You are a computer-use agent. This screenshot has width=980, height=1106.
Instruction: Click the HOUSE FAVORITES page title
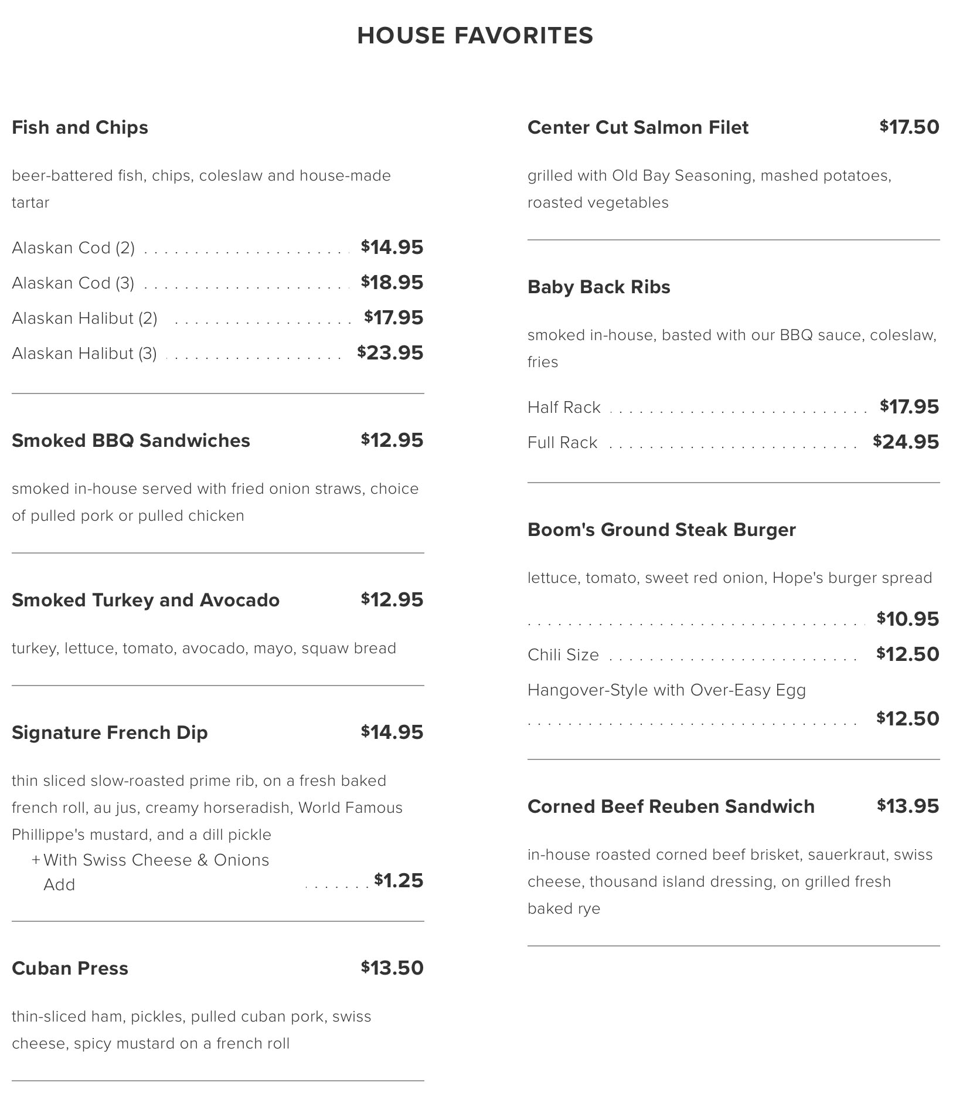pos(475,36)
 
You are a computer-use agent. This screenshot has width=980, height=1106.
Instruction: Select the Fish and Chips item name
pos(80,128)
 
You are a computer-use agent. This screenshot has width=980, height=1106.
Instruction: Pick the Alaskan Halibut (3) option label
pos(84,354)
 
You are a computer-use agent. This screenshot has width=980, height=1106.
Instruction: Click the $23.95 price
pos(390,353)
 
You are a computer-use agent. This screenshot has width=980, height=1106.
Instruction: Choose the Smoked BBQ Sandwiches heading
pos(131,440)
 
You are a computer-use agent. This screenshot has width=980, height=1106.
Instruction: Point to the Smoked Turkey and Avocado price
pos(392,600)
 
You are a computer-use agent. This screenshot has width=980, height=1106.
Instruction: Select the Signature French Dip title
pos(110,732)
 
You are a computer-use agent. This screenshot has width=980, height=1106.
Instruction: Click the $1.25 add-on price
pos(399,881)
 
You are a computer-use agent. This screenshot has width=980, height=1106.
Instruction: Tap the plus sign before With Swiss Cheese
pos(36,860)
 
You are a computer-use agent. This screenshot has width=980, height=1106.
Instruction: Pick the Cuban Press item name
pos(70,968)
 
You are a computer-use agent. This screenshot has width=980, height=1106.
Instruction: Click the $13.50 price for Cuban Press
pos(392,968)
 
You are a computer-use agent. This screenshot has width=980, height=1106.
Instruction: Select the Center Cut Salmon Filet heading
pos(638,128)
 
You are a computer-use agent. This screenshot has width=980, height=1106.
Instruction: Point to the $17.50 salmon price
pos(909,127)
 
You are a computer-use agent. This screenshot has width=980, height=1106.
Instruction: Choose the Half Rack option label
pos(564,408)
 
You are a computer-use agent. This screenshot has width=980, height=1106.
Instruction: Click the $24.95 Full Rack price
pos(906,442)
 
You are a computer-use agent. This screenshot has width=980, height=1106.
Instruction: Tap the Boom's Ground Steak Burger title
pos(661,530)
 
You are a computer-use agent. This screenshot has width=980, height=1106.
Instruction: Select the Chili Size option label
pos(563,655)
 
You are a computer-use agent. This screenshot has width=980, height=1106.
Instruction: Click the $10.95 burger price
pos(908,619)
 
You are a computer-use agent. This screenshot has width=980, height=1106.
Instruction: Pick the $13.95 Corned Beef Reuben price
pos(908,806)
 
